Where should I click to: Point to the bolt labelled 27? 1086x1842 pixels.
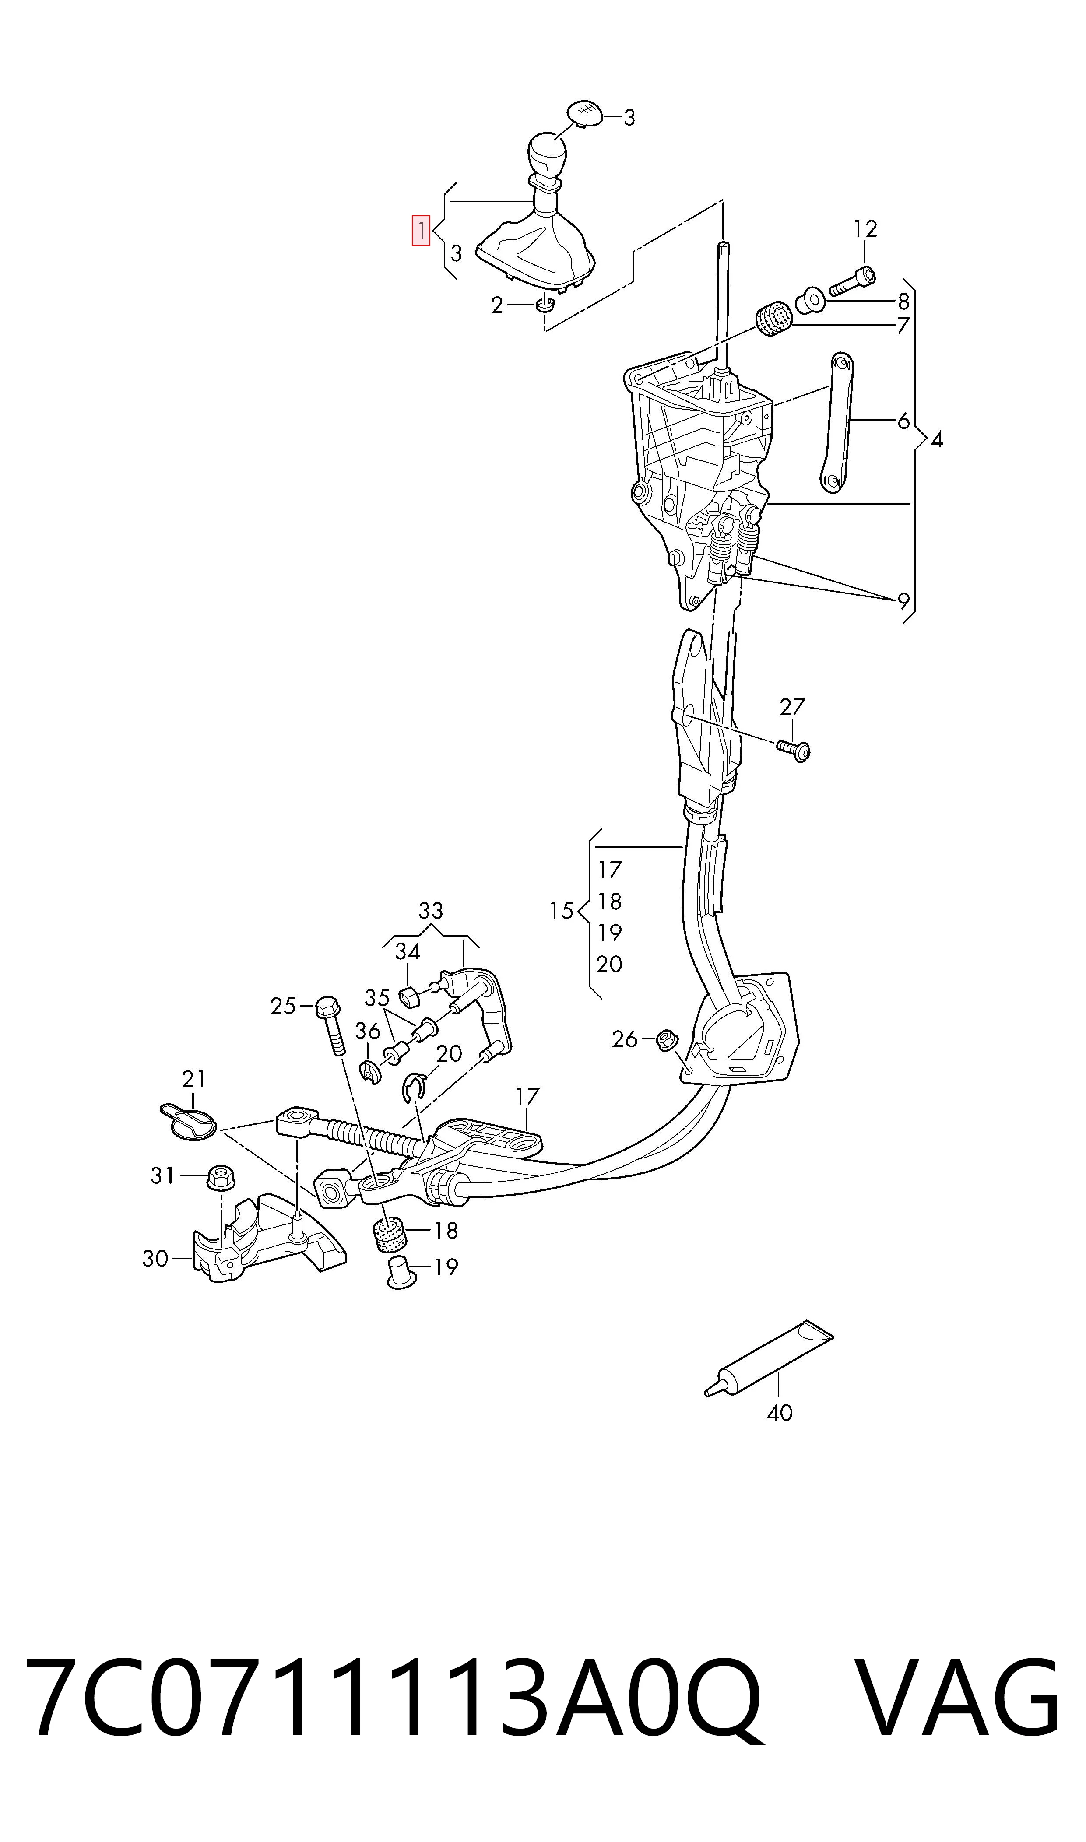[794, 749]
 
